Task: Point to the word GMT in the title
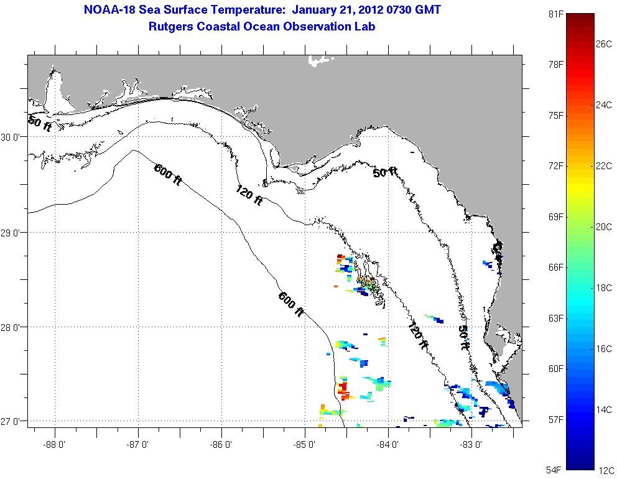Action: coord(424,10)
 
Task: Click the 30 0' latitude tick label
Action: coord(12,137)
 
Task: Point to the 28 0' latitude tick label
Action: coord(12,327)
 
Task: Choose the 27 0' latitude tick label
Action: coord(12,422)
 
